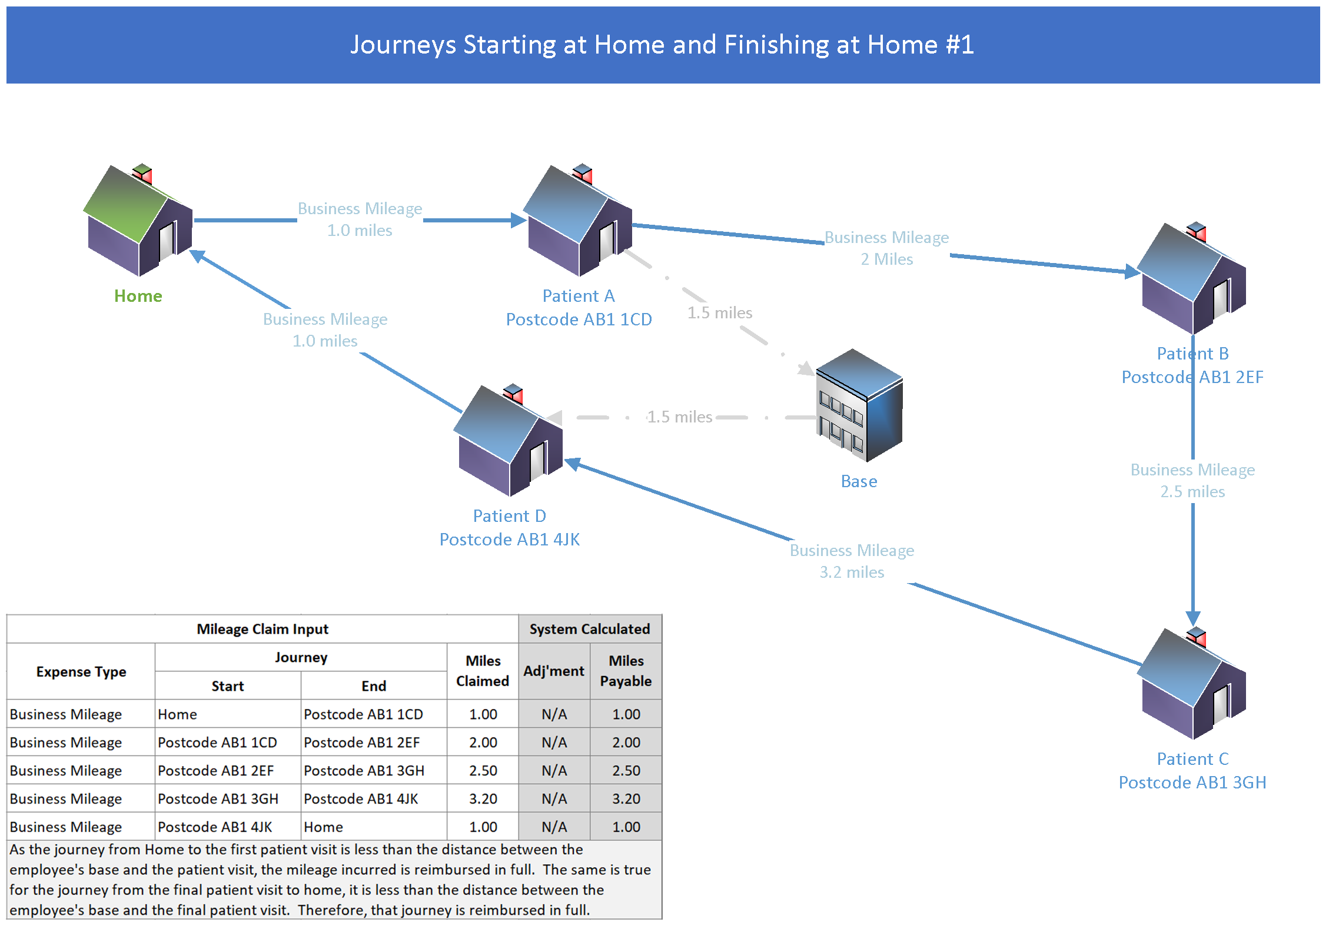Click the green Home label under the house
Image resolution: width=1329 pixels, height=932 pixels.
138,296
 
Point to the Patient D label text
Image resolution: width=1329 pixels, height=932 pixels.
509,516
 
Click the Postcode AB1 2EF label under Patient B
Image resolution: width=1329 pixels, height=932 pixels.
1192,377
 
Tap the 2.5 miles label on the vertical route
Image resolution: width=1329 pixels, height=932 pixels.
1192,491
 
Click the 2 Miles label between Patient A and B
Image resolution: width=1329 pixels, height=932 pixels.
886,259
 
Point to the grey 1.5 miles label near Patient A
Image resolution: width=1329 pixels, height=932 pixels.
719,312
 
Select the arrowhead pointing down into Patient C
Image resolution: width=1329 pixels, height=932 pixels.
1192,618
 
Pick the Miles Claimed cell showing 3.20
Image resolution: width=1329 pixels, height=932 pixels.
483,798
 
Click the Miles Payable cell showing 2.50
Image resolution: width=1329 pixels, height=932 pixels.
626,770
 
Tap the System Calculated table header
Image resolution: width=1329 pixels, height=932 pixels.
589,629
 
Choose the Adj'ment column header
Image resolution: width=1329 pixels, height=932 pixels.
554,671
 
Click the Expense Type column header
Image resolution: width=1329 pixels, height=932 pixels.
81,671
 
